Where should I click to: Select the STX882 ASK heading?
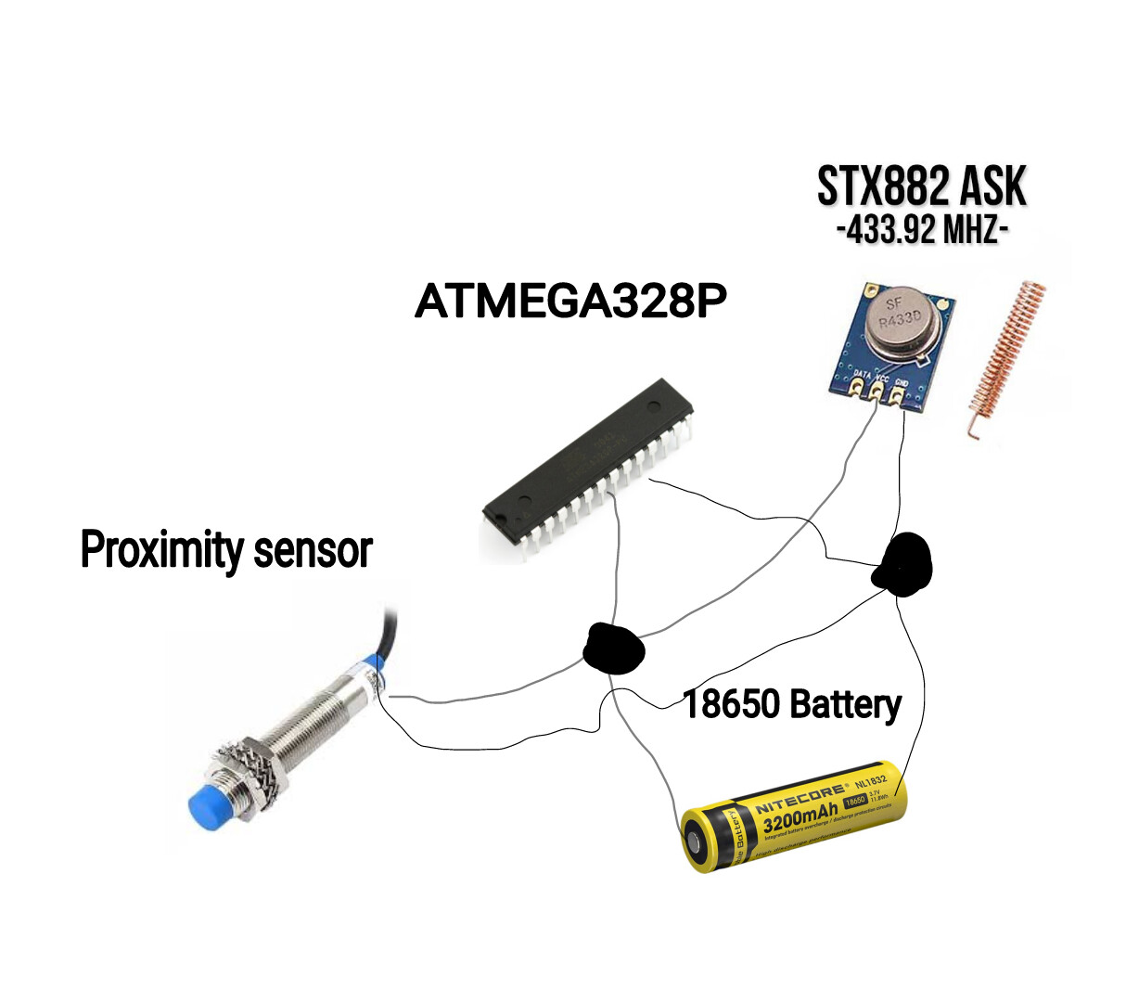921,187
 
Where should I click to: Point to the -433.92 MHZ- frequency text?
921,228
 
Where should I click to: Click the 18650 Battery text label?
792,704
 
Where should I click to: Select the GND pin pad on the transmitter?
898,396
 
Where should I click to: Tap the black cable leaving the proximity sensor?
388,636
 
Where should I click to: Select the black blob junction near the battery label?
612,648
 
